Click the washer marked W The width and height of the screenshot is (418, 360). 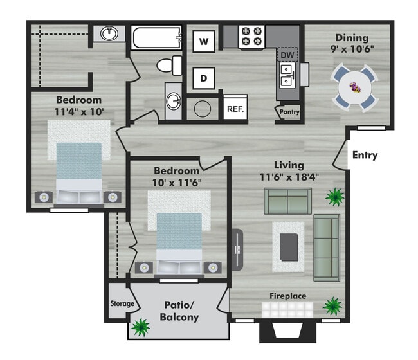204,42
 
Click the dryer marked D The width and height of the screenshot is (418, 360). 204,78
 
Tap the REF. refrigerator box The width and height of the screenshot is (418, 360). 235,109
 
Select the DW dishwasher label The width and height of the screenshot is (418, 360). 287,56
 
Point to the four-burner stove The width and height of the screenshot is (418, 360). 252,37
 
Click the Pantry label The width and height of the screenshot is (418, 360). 290,112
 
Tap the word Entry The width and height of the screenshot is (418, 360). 365,155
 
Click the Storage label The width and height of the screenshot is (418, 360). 122,303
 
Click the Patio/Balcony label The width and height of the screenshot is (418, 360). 179,311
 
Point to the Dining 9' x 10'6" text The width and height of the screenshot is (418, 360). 352,42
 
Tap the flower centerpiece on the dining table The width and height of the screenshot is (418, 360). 355,85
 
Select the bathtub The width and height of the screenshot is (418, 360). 157,38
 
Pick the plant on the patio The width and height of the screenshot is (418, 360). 140,328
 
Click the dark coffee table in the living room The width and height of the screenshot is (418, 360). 289,247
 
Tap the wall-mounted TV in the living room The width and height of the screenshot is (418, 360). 237,249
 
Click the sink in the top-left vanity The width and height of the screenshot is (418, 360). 110,33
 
